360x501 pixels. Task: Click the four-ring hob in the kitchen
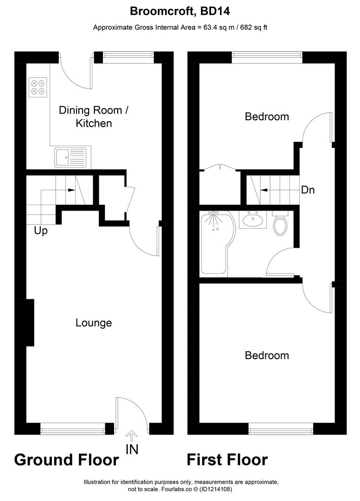pyautogui.click(x=39, y=87)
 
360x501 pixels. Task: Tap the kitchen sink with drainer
pyautogui.click(x=71, y=157)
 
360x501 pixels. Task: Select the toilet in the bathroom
pyautogui.click(x=280, y=225)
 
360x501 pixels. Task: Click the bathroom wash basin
pyautogui.click(x=253, y=219)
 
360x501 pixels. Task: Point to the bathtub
pyautogui.click(x=214, y=244)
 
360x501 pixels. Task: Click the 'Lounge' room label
pyautogui.click(x=94, y=323)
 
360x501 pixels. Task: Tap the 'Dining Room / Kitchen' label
pyautogui.click(x=93, y=117)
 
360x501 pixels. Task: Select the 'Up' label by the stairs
pyautogui.click(x=41, y=231)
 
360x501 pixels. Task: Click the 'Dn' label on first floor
pyautogui.click(x=308, y=190)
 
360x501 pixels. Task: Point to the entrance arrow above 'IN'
pyautogui.click(x=132, y=436)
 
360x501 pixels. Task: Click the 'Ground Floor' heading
pyautogui.click(x=66, y=460)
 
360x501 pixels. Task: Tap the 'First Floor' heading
pyautogui.click(x=227, y=460)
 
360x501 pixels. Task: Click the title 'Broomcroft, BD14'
pyautogui.click(x=180, y=11)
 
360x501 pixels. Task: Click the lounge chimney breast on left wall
pyautogui.click(x=30, y=322)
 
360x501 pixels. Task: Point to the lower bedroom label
pyautogui.click(x=267, y=355)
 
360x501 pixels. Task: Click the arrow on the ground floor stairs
pyautogui.click(x=71, y=190)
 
